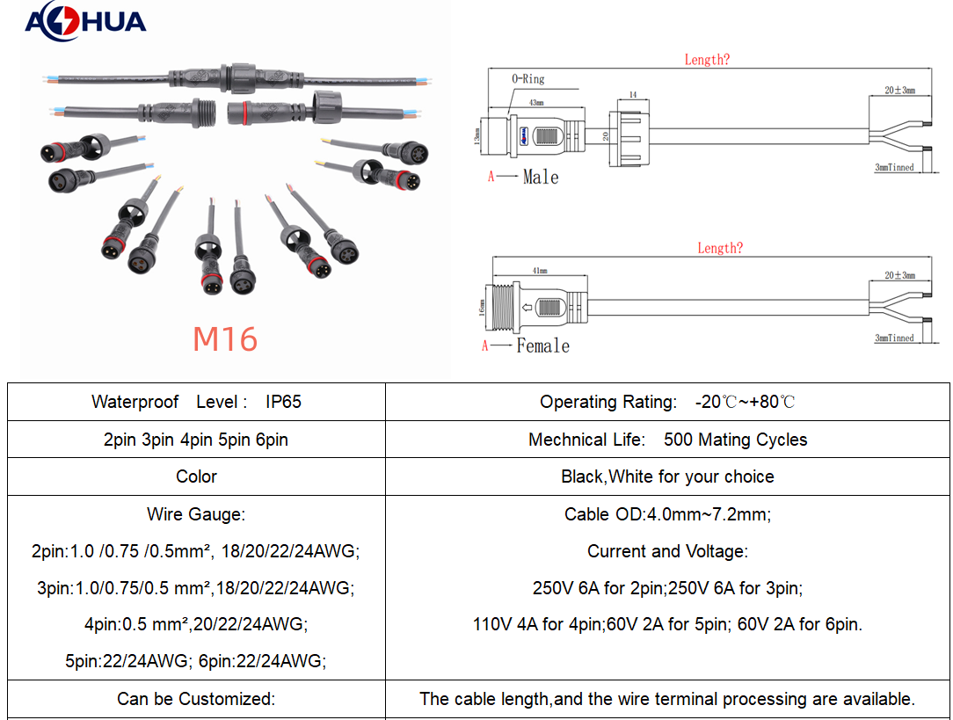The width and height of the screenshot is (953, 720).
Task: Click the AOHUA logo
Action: click(84, 21)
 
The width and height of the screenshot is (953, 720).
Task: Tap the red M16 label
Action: click(225, 339)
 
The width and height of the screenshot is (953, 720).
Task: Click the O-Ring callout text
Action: click(528, 79)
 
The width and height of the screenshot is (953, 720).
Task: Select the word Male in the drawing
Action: click(540, 178)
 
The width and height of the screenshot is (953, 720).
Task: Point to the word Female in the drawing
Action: click(542, 346)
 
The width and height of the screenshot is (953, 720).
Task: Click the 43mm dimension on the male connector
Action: click(535, 103)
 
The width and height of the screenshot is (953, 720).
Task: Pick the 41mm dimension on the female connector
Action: click(539, 271)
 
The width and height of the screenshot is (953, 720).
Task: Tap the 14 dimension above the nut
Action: click(632, 93)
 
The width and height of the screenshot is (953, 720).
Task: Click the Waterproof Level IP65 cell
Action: click(196, 402)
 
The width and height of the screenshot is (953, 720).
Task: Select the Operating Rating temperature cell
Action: click(667, 402)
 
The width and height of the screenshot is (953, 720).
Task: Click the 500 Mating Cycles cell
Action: click(667, 440)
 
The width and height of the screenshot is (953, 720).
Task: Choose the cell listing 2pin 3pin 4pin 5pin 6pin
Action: click(196, 440)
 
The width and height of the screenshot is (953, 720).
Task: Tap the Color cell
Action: click(196, 476)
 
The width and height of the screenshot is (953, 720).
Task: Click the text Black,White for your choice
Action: click(667, 476)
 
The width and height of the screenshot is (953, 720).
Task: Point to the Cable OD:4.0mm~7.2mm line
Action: click(667, 514)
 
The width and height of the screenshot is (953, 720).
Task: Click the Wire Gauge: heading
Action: click(196, 514)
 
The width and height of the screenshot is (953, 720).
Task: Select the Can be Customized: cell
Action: click(196, 700)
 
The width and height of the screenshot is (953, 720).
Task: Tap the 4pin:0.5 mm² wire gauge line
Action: click(196, 625)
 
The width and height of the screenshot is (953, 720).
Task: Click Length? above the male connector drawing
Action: click(707, 60)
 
